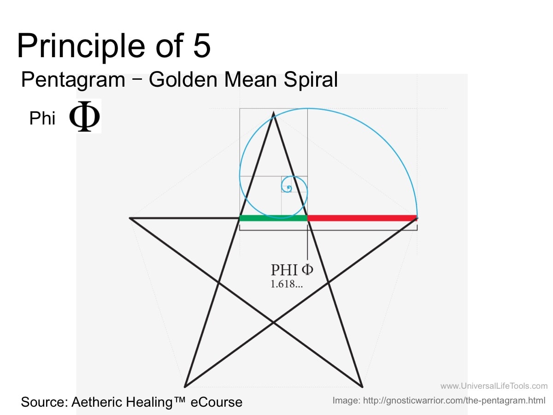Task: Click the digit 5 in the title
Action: coord(201,46)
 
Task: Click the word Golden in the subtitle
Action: coord(183,80)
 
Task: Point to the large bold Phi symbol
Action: coord(84,116)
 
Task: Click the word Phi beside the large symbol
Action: coord(42,118)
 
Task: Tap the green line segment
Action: coord(273,218)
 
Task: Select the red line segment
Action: coord(362,218)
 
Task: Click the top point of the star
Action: coord(273,113)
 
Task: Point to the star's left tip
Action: coord(130,218)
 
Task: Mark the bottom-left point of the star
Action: coord(185,387)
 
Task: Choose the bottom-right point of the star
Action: coord(362,387)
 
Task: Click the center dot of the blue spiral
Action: coord(288,187)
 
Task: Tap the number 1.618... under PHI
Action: coord(287,284)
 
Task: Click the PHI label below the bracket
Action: coord(292,270)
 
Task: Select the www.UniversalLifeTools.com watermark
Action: coord(494,386)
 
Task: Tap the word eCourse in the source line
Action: coord(217,402)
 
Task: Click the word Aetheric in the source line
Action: coord(97,402)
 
